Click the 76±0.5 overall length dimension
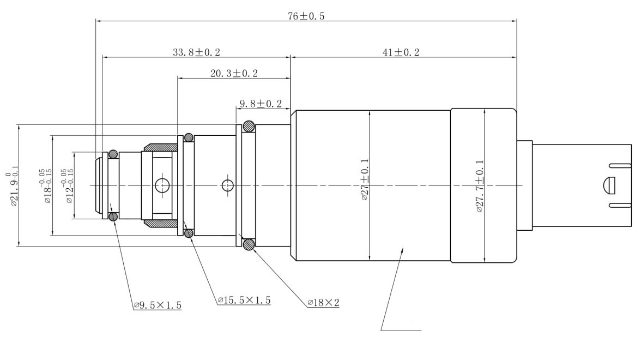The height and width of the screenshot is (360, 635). click(x=306, y=16)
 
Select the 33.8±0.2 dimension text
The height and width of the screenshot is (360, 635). click(x=196, y=52)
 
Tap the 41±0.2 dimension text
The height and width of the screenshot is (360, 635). click(x=401, y=52)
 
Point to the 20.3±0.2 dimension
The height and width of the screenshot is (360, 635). click(x=234, y=74)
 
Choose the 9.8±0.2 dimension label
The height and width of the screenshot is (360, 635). click(x=261, y=104)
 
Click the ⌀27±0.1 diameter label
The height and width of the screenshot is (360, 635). click(x=364, y=179)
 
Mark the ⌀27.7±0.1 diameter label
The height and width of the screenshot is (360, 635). click(x=480, y=186)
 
